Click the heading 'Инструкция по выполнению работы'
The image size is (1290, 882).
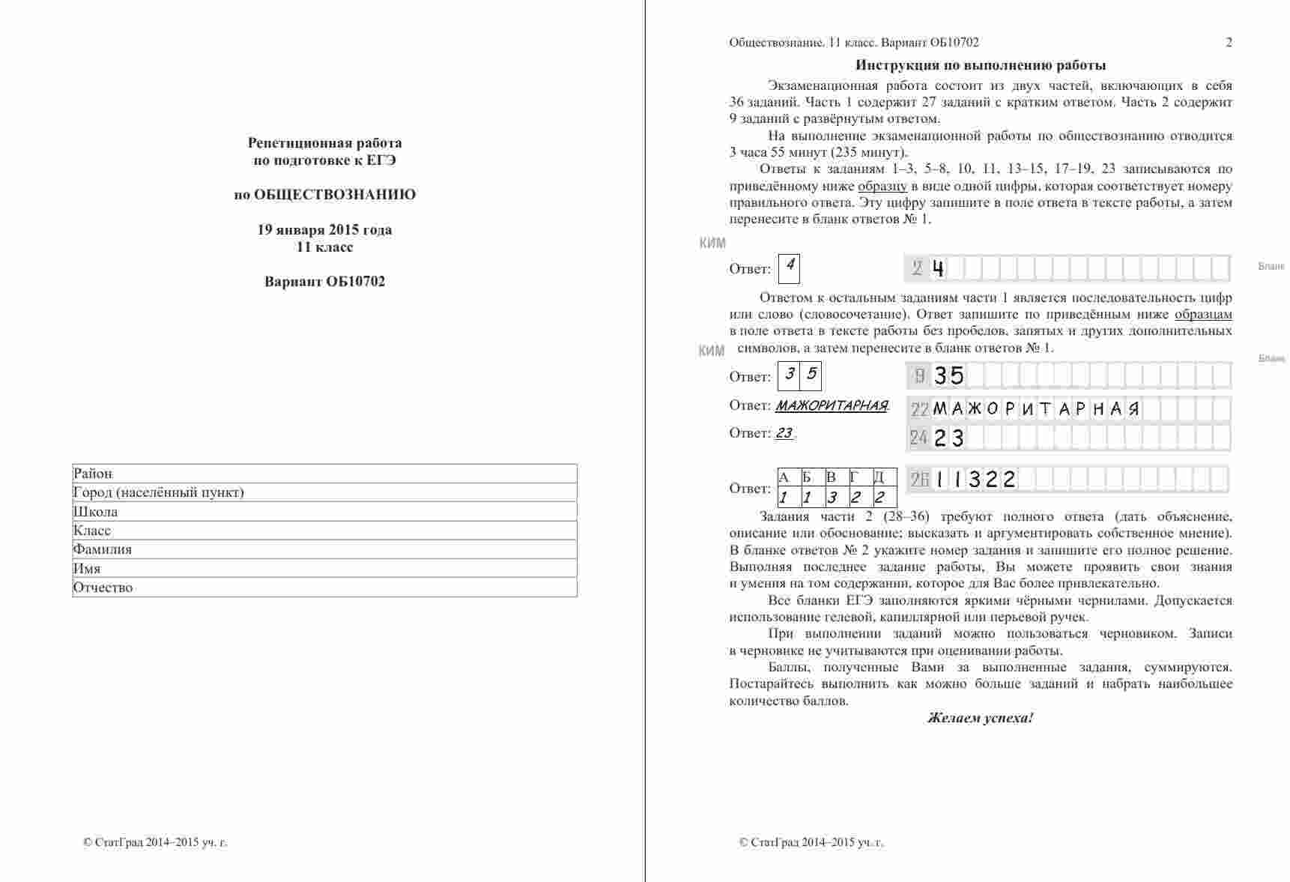tap(981, 65)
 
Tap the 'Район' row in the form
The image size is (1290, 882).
tap(324, 474)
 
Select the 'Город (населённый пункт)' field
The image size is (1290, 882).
tap(324, 492)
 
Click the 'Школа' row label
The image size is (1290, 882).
tap(95, 512)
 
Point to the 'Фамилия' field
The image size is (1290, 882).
tap(324, 549)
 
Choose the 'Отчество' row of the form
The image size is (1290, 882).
tap(324, 588)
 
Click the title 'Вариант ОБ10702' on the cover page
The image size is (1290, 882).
tap(324, 282)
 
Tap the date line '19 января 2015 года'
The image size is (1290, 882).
tap(324, 229)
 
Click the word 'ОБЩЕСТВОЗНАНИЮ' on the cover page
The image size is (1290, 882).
tap(335, 195)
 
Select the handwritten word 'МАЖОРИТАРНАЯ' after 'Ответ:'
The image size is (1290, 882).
tap(831, 406)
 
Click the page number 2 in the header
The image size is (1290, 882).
tap(1229, 43)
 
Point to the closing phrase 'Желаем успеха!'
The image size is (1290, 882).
tap(980, 718)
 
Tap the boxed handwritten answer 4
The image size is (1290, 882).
tap(789, 267)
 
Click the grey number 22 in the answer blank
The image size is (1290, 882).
tap(919, 409)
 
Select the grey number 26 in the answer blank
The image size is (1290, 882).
tap(919, 479)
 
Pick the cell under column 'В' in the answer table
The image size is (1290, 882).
tap(832, 497)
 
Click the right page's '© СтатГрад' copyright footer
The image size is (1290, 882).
tap(811, 842)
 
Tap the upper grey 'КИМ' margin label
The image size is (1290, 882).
tap(712, 243)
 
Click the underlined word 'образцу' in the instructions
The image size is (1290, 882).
tap(882, 186)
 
